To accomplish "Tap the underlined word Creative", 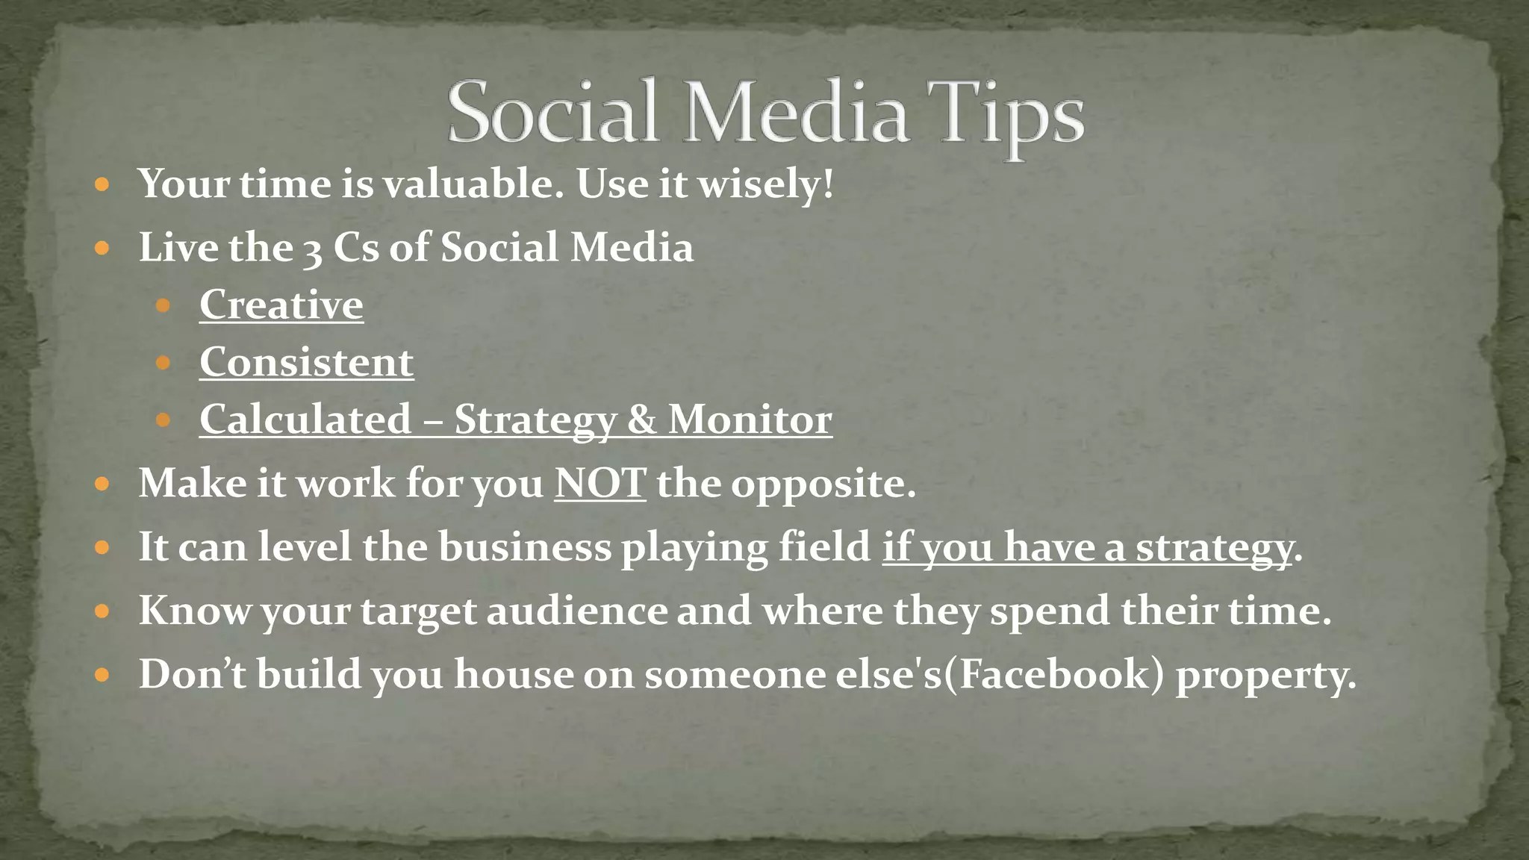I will [x=281, y=305].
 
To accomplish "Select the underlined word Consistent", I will [x=306, y=362].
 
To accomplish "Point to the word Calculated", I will [x=305, y=419].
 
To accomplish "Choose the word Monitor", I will [x=750, y=419].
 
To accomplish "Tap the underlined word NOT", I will [x=600, y=483].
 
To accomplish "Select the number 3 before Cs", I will [x=312, y=250].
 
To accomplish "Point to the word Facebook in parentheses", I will [x=1054, y=674].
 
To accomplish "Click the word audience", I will [x=577, y=611].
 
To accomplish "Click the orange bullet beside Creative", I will [x=164, y=305].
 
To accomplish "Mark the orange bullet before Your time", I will [x=103, y=184].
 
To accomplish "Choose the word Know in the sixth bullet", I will [x=195, y=611].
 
